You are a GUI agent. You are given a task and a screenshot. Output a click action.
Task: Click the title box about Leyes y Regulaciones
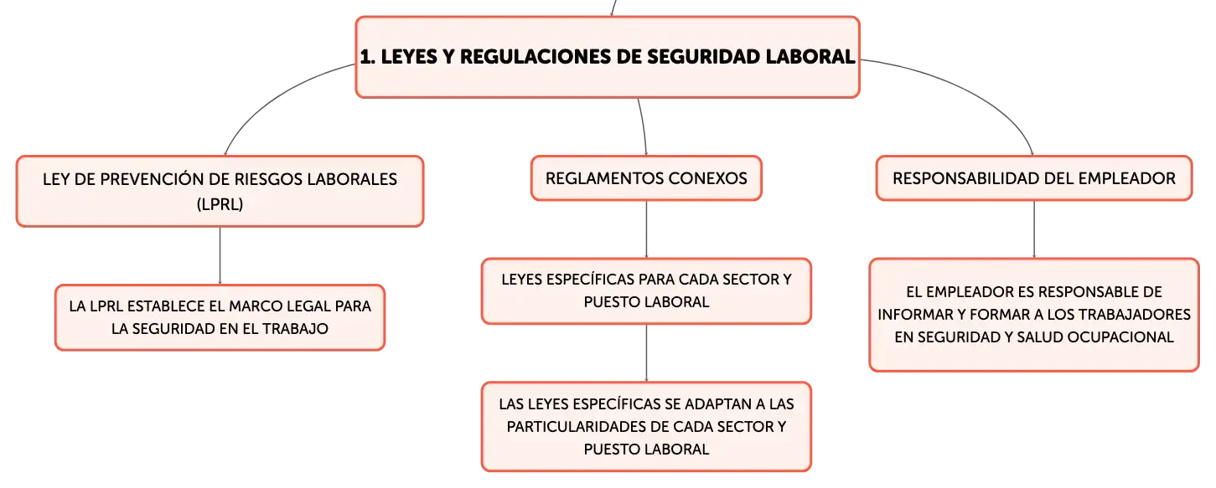608,57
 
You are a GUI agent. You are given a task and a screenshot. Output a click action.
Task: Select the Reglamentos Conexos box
646,178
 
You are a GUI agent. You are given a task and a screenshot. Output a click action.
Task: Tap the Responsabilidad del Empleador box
1033,178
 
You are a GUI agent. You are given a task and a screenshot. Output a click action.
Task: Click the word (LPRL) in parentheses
220,204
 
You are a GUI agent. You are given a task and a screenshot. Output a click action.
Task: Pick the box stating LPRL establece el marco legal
220,317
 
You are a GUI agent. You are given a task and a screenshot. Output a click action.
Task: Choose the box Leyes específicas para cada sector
646,291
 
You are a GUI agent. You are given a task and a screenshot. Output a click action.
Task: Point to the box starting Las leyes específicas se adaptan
646,427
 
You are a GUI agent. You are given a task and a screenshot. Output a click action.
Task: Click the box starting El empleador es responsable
1033,315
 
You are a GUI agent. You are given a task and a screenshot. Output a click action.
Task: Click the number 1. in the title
368,57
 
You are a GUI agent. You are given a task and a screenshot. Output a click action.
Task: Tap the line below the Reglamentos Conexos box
646,229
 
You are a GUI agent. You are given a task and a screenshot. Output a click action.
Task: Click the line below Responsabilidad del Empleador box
1033,229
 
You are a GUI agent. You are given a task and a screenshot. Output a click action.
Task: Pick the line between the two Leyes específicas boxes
646,353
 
